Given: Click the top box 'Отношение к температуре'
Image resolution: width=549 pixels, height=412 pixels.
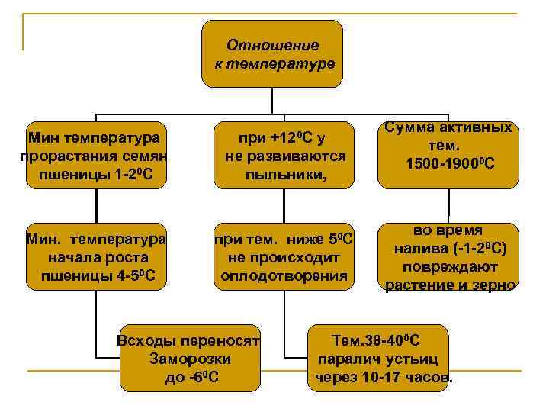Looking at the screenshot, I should pos(272,53).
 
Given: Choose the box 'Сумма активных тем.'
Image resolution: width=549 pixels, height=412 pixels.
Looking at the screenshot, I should pos(449,153).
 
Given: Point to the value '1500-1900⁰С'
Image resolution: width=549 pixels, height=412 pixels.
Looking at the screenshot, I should pos(451,164).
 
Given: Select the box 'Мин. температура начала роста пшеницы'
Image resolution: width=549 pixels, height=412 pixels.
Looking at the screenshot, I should pos(96,256).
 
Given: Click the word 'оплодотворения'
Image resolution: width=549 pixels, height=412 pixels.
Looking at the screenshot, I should pos(284,275).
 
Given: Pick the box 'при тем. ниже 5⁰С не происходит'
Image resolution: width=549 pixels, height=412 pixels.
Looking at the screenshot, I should pos(284,256).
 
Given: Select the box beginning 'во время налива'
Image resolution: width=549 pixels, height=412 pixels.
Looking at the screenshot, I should pos(449,257).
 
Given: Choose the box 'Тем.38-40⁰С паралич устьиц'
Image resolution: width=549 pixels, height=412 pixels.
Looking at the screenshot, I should pos(383,358).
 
